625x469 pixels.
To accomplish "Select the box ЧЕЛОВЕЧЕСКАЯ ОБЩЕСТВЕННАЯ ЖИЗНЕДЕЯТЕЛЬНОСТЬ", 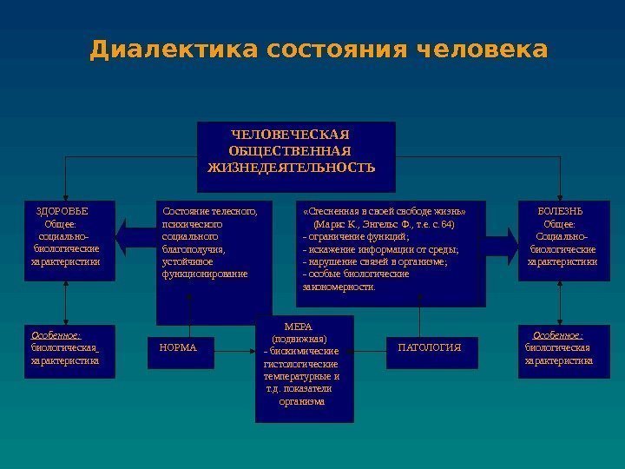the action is pos(296,156).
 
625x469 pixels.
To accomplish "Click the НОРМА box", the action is pos(179,348).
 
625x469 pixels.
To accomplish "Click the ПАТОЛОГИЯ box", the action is pos(429,347).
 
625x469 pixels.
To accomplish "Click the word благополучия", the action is pos(193,248).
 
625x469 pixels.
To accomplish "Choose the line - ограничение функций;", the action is pos(356,236).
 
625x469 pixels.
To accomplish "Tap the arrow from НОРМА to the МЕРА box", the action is pos(234,351).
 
